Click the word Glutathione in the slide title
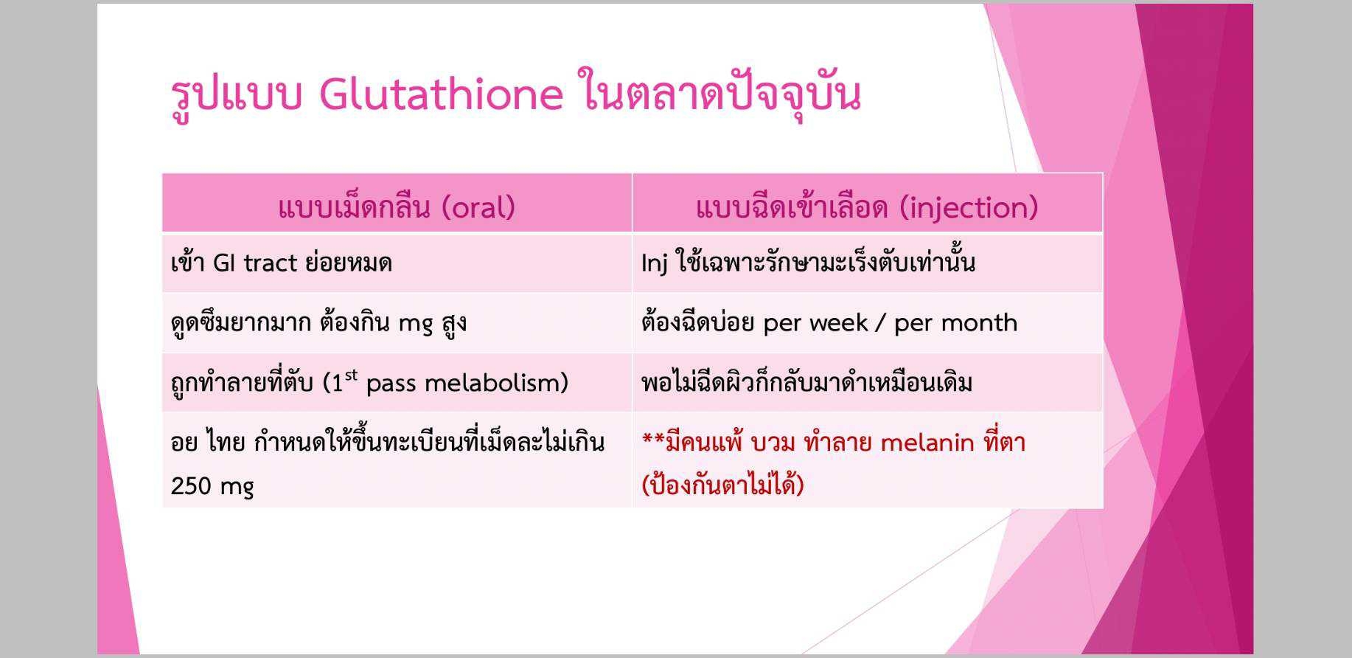[441, 94]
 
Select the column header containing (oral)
[397, 207]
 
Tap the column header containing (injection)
[867, 207]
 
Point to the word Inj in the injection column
[654, 263]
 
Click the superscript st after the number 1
[351, 375]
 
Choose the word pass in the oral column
[391, 383]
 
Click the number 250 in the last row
[190, 485]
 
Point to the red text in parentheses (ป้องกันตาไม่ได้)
[722, 485]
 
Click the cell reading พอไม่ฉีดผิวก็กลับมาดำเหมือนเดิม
[806, 382]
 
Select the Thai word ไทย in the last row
[226, 442]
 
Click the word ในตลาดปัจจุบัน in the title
[720, 94]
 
